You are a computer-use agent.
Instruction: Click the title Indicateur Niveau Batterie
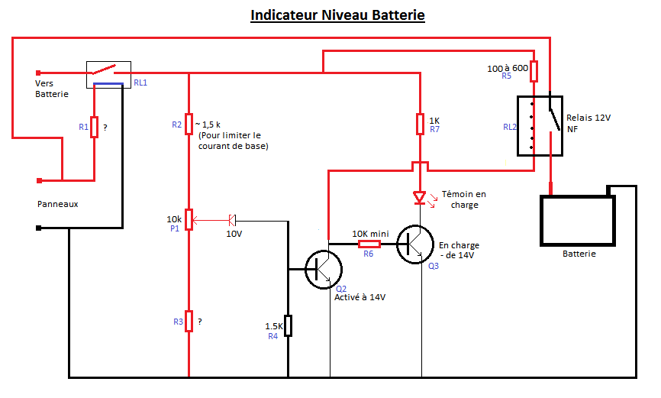337,15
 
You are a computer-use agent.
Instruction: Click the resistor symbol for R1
94,127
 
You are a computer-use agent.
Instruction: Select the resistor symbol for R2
189,124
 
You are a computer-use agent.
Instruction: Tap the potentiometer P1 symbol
189,222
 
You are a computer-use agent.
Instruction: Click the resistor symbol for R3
189,322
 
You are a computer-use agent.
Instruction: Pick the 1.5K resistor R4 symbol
289,326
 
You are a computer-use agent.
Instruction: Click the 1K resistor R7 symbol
420,124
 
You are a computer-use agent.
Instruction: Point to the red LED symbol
418,197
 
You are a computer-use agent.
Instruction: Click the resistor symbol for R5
534,72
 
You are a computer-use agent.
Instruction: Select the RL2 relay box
540,126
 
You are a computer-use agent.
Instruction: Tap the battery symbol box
578,221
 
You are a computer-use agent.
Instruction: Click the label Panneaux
57,205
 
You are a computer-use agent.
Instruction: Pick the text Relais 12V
588,118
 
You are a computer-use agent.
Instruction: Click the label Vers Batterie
51,89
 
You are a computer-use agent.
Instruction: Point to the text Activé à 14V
360,298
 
